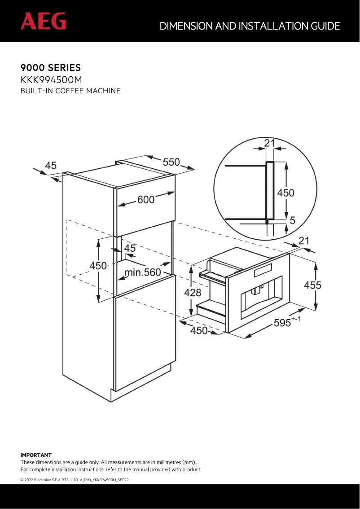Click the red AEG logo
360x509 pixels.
[43, 21]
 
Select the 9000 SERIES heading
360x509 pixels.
[51, 68]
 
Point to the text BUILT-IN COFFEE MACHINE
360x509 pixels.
[70, 91]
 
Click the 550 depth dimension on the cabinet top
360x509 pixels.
[171, 162]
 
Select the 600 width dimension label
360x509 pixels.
[146, 200]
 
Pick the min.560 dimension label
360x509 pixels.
[142, 272]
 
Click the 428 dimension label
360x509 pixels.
[193, 293]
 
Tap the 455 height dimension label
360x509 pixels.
[312, 285]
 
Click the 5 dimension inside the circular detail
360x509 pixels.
[292, 220]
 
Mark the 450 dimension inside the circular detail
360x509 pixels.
[285, 193]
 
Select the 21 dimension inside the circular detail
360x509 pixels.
[269, 143]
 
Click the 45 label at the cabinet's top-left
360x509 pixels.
[51, 166]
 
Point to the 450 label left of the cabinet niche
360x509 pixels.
[98, 265]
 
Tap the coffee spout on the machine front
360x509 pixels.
[257, 290]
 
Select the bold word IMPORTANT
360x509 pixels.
[36, 455]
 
